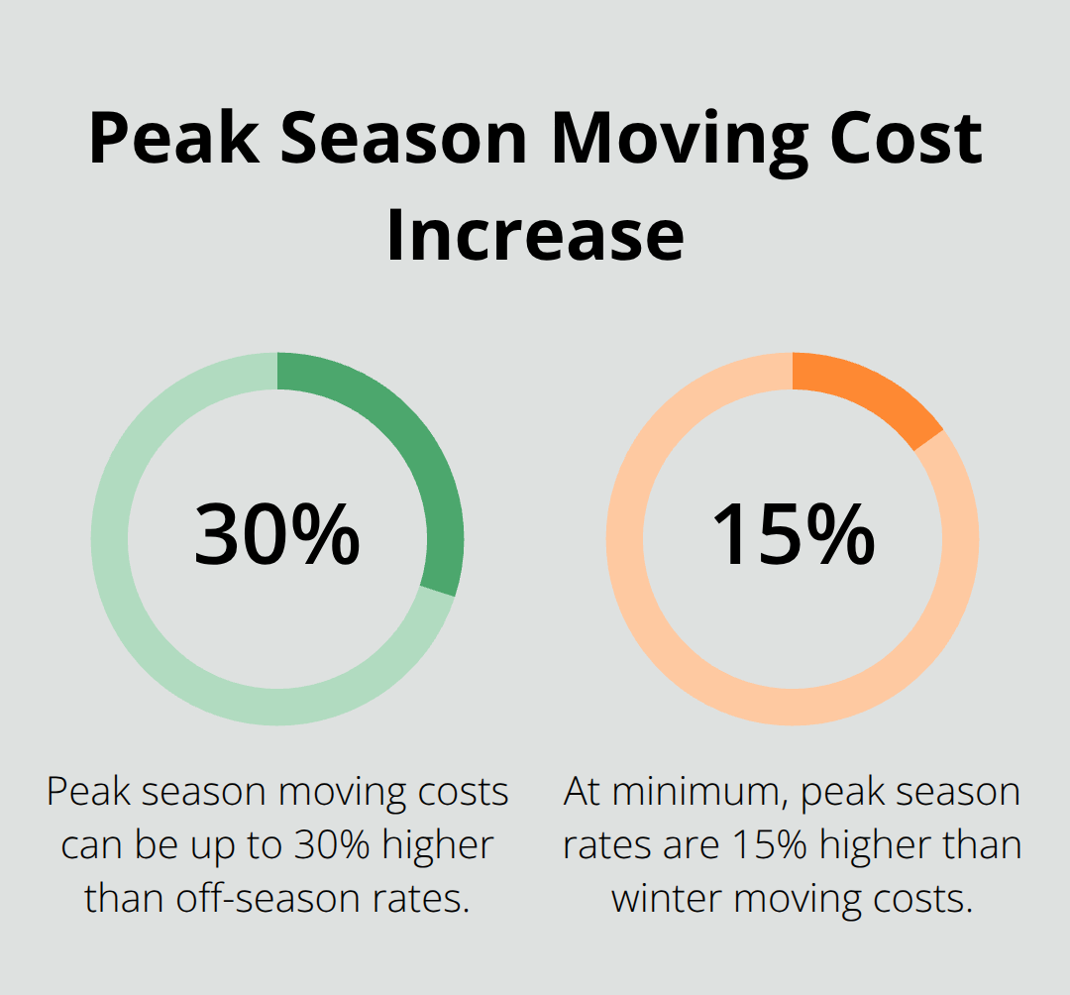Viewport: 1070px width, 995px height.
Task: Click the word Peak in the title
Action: (x=174, y=139)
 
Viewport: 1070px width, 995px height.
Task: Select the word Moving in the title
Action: (x=680, y=144)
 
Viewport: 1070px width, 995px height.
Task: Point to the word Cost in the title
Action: (x=907, y=139)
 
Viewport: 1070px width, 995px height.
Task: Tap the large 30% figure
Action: (x=277, y=534)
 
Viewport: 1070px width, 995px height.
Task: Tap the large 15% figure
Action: (x=793, y=534)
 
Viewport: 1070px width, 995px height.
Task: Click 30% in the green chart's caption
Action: (x=332, y=845)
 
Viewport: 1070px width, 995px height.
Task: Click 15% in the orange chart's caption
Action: (x=770, y=845)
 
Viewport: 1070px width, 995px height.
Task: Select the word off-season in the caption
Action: (x=268, y=899)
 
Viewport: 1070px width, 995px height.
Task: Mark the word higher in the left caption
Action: (x=438, y=847)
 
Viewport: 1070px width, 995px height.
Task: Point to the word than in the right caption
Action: (x=983, y=845)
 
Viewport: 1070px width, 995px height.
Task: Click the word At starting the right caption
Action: (x=582, y=792)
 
